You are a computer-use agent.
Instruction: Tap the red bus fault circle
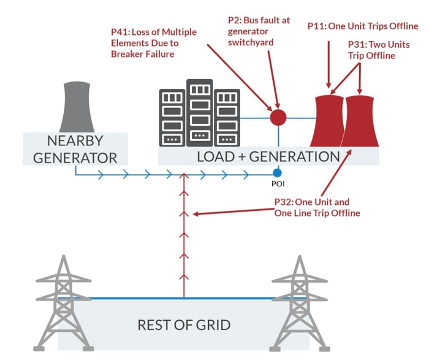278,117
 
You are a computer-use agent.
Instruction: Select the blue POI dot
278,173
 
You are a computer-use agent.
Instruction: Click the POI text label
278,183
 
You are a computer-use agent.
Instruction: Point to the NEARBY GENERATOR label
75,148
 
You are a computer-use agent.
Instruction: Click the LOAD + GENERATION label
268,156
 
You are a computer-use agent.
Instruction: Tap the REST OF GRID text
183,324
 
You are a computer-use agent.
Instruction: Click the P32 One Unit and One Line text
316,207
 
